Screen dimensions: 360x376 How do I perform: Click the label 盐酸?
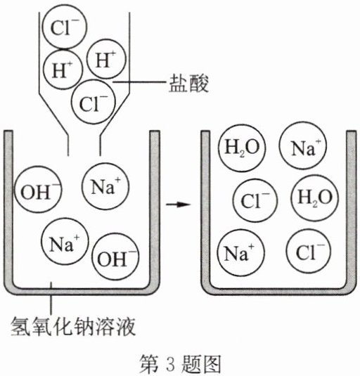188,83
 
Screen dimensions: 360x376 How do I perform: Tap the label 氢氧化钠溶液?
73,326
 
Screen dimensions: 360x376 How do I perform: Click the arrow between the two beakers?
179,205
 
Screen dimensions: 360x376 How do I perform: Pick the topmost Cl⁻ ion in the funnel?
64,27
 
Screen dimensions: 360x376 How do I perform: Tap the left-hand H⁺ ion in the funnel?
63,69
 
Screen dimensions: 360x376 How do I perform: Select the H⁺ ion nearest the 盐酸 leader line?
106,59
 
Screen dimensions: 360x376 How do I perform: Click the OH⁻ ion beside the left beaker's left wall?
38,190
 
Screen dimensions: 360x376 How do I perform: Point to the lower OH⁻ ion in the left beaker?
115,257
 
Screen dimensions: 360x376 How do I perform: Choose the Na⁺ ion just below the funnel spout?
105,186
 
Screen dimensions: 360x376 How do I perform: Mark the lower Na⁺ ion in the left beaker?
65,241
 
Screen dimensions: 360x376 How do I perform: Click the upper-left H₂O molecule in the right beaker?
243,148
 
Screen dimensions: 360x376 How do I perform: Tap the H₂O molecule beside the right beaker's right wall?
315,197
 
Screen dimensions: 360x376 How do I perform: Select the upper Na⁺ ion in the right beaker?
303,145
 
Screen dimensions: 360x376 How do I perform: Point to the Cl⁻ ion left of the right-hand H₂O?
255,200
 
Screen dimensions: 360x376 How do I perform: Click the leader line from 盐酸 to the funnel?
140,82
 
